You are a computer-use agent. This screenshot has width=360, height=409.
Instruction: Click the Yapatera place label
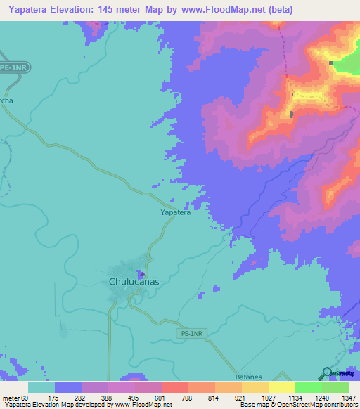point(175,212)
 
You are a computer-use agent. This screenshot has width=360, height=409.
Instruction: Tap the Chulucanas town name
point(134,282)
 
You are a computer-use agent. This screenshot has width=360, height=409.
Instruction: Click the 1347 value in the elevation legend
point(349,398)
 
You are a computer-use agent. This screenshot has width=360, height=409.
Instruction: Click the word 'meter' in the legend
point(10,398)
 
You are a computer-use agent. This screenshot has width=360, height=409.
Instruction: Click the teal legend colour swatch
point(41,387)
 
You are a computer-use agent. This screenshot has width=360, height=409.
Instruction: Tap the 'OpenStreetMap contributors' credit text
point(320,405)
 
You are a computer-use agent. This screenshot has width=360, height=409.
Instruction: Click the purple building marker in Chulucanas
point(141,274)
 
